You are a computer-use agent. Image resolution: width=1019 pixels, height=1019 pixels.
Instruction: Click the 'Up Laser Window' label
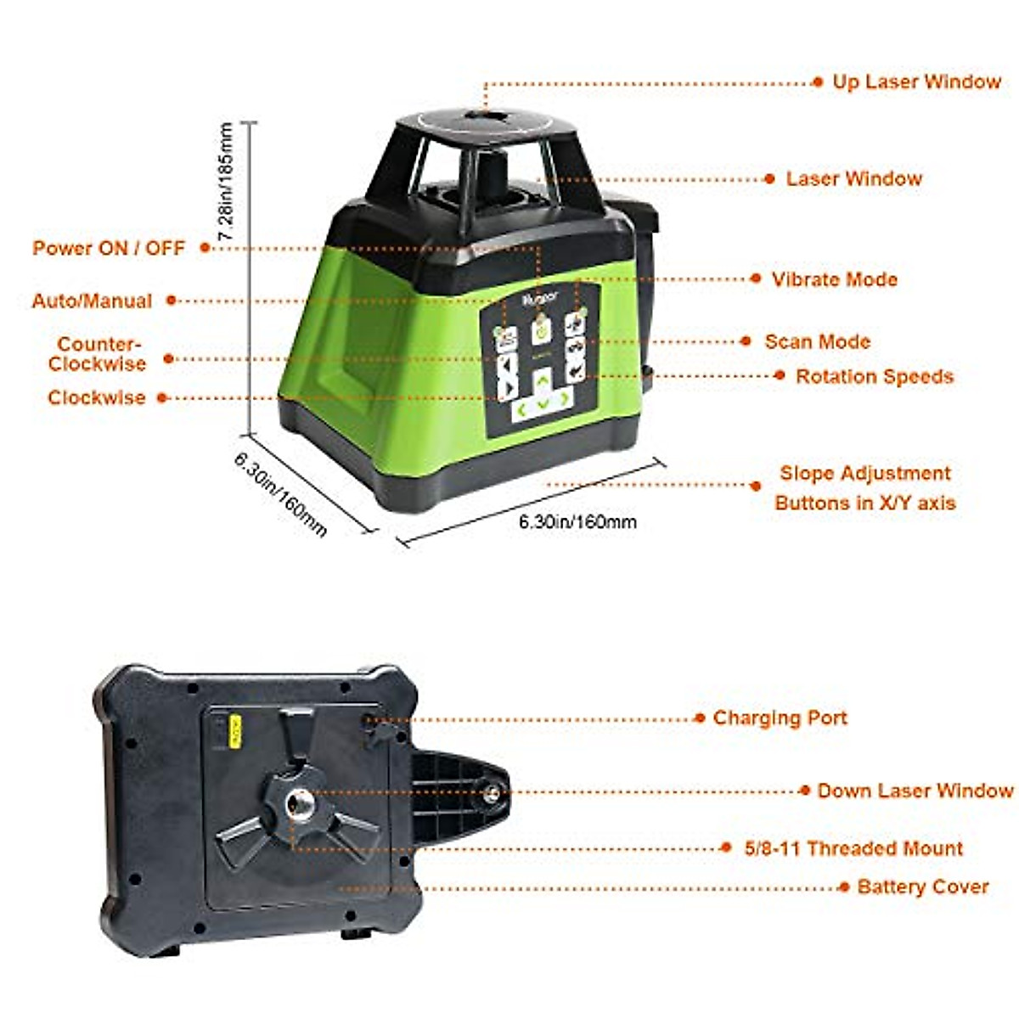point(916,82)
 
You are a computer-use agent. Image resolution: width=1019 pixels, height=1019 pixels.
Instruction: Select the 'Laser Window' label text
point(853,179)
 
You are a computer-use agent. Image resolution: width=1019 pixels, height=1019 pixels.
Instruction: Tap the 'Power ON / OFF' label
point(109,248)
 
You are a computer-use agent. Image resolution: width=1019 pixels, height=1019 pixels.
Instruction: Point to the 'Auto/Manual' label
point(92,301)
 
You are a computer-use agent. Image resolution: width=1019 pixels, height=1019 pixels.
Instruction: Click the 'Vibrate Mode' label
point(834,279)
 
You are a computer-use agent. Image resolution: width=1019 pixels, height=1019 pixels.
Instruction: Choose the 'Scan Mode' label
point(817,342)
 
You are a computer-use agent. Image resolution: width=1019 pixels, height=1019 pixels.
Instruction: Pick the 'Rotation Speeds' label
point(874,377)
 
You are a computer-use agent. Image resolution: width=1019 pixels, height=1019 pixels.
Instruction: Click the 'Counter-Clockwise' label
point(97,354)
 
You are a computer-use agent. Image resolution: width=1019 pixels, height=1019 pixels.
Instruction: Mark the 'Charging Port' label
point(780,718)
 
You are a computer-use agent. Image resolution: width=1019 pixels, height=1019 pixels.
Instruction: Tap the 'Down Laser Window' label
point(915,791)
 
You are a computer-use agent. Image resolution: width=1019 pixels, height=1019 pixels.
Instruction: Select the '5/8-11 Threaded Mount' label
point(853,848)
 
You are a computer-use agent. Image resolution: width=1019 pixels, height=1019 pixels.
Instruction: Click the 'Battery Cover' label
point(922,887)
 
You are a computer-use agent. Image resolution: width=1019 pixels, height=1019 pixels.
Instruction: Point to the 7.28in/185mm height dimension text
point(226,183)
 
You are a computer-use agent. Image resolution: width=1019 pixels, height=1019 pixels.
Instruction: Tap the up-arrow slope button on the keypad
point(541,382)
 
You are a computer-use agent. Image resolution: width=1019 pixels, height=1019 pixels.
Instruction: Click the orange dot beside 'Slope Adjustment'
point(756,487)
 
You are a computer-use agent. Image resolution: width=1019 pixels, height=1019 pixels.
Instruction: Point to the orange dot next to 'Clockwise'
point(162,397)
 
